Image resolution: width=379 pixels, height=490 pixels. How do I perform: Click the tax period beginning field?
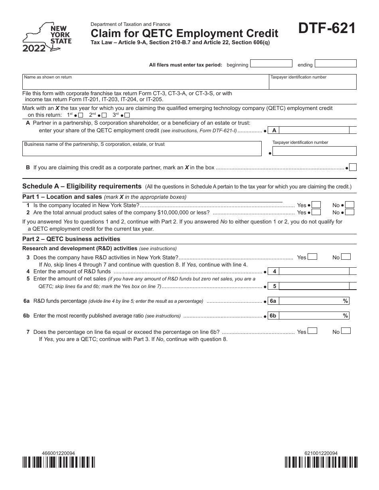271,64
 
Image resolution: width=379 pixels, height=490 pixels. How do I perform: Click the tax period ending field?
335,64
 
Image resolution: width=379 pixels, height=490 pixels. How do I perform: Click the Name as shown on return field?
145,82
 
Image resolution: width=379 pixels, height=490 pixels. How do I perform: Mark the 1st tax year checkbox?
81,116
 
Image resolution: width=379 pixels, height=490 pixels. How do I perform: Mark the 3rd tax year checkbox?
127,116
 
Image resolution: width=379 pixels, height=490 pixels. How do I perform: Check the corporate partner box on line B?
353,167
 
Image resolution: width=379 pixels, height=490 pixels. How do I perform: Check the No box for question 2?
349,212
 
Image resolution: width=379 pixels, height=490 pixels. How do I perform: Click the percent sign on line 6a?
345,301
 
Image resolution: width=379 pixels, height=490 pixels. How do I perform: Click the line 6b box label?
273,316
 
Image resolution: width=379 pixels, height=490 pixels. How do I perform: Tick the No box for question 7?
346,331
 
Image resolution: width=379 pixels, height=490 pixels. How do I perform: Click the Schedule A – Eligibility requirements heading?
82,186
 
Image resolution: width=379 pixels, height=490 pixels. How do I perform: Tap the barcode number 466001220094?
58,453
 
